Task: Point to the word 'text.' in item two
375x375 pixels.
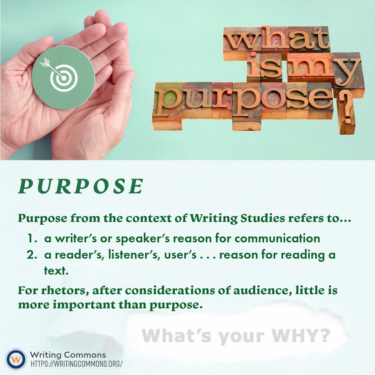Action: tap(56, 271)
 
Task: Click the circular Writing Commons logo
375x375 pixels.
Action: tap(16, 359)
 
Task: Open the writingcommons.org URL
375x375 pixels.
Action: tap(76, 364)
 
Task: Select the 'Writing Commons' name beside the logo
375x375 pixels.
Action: tap(68, 355)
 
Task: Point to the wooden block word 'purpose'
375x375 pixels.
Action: tap(243, 99)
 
